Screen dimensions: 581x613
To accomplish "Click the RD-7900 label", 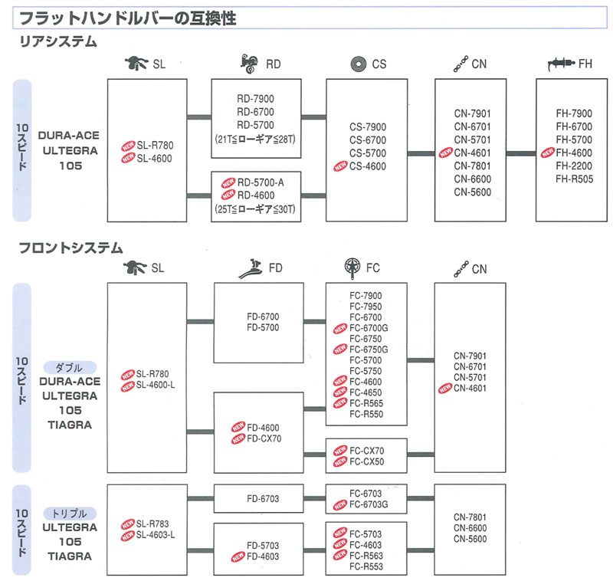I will pyautogui.click(x=255, y=98).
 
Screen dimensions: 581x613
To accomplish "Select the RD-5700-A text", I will pyautogui.click(x=261, y=183).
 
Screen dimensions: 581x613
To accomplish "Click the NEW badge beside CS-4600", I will pyautogui.click(x=338, y=166).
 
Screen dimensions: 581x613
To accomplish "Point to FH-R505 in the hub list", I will pyautogui.click(x=573, y=179).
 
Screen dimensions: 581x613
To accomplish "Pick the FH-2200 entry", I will pyautogui.click(x=573, y=166).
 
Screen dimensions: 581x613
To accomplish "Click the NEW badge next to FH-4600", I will pyautogui.click(x=546, y=153).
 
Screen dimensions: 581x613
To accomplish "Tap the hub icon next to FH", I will pyautogui.click(x=562, y=64).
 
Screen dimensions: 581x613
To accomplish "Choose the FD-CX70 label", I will pyautogui.click(x=263, y=440).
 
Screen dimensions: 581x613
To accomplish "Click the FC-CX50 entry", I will pyautogui.click(x=367, y=462).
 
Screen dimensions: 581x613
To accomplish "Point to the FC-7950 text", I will pyautogui.click(x=366, y=307).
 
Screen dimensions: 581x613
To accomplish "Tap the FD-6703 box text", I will pyautogui.click(x=263, y=499).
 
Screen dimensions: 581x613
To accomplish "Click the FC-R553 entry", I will pyautogui.click(x=366, y=566).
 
